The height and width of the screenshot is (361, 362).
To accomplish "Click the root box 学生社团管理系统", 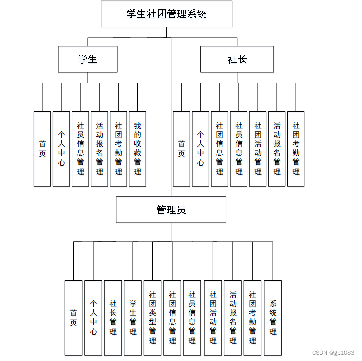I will [166, 14].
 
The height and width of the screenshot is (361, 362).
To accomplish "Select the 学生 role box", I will [88, 59].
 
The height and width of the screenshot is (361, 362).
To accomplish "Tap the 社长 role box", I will [237, 59].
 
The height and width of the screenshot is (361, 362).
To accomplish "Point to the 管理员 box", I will [171, 210].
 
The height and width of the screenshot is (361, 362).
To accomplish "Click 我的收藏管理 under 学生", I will [137, 149].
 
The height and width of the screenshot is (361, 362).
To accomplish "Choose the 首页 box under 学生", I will [42, 149].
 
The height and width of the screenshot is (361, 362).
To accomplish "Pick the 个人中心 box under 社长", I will [200, 149].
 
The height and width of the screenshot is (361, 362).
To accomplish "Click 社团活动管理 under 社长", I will [258, 149].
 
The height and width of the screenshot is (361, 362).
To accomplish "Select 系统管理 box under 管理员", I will [273, 318].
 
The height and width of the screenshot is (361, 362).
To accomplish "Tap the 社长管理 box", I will [113, 318].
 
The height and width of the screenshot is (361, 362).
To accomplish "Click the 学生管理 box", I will [133, 318].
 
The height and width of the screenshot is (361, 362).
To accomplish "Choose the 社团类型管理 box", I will [152, 318].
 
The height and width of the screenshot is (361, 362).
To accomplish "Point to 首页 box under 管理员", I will [73, 318].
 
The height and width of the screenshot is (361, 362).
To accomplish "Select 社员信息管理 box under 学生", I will [80, 149].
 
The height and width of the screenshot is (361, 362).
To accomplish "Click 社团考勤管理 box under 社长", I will [296, 149].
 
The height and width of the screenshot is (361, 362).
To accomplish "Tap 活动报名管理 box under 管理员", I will [233, 318].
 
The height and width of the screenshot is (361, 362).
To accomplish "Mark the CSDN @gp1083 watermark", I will [333, 353].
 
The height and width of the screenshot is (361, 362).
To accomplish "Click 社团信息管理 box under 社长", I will [219, 149].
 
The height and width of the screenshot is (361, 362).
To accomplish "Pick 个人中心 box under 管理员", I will [93, 318].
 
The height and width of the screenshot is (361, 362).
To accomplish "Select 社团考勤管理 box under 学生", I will [118, 149].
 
